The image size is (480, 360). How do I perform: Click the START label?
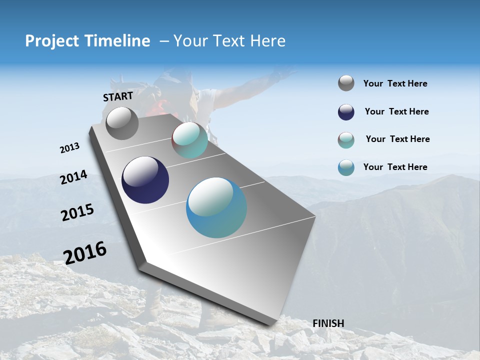click(118, 96)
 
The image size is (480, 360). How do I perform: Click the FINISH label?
click(328, 323)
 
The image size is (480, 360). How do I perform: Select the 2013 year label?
click(70, 148)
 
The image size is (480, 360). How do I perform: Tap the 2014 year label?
click(73, 177)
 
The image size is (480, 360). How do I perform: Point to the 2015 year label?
click(77, 212)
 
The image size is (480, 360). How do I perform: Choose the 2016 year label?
click(85, 253)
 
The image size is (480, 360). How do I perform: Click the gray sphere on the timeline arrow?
click(122, 123)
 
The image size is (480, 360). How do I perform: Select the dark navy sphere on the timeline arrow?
click(145, 180)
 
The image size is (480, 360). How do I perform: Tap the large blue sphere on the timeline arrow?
click(216, 207)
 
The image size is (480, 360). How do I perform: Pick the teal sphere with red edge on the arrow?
click(189, 140)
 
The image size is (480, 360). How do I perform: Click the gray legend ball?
click(346, 83)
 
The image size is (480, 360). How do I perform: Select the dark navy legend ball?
click(346, 112)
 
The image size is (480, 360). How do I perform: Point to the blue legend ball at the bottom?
click(346, 167)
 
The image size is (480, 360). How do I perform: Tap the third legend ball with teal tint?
click(346, 140)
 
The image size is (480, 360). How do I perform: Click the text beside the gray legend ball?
click(395, 83)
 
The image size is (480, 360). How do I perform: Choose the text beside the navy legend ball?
click(396, 111)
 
